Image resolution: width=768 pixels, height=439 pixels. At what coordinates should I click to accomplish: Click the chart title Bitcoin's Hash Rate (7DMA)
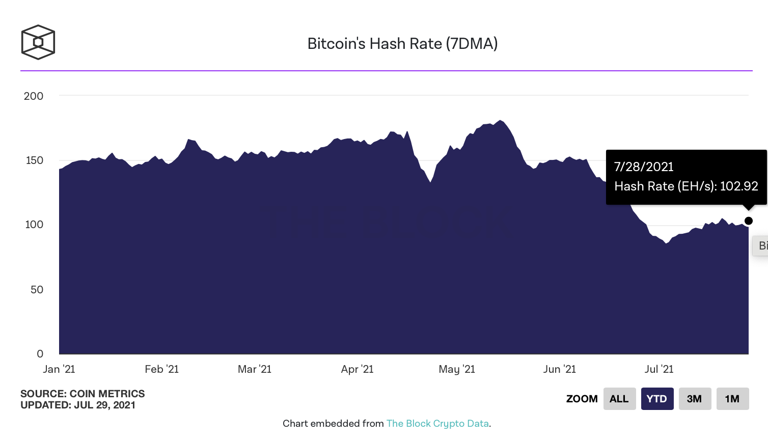[402, 44]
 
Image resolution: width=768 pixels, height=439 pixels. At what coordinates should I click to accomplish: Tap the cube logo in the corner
[38, 42]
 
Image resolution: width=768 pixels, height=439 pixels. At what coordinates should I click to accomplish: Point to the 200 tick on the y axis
[34, 96]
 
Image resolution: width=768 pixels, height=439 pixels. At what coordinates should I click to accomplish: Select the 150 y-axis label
[35, 160]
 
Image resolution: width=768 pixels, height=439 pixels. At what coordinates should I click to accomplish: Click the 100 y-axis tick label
[34, 225]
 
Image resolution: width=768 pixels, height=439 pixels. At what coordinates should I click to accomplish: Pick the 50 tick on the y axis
[37, 290]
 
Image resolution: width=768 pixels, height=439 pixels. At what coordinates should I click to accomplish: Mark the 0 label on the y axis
[40, 354]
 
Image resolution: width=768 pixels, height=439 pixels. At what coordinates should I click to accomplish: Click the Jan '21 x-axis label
[59, 369]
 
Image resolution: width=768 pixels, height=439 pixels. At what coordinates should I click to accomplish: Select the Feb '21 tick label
[161, 369]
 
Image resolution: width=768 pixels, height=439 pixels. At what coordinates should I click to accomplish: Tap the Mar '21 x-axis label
[255, 369]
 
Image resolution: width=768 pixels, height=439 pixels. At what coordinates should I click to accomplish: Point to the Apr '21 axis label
[357, 369]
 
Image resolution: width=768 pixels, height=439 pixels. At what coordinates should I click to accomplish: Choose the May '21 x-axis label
[457, 369]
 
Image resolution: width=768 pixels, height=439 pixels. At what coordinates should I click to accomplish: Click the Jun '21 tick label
[559, 369]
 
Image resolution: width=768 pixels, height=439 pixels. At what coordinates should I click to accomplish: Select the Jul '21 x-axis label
[659, 369]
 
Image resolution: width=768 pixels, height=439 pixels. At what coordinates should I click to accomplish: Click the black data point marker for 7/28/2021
[749, 221]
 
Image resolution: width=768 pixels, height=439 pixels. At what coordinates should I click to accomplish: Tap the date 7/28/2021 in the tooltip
[644, 167]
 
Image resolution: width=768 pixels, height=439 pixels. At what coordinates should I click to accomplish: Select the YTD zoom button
[657, 399]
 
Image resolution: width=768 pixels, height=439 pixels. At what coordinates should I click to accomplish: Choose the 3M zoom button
[695, 399]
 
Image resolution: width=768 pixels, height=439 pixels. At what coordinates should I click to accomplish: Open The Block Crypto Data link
[437, 424]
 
